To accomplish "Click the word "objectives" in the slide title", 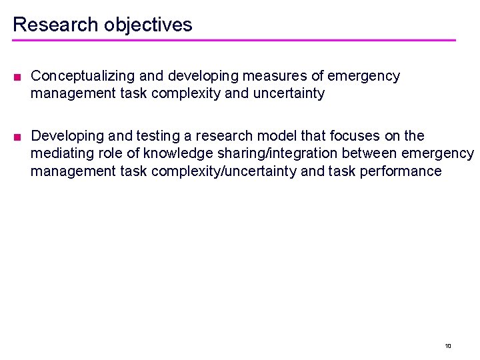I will (x=148, y=25).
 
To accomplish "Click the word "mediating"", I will (x=61, y=153).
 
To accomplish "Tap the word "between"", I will (x=368, y=153).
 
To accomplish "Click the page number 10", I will (x=448, y=345).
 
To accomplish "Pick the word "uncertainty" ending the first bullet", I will (x=289, y=93).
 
